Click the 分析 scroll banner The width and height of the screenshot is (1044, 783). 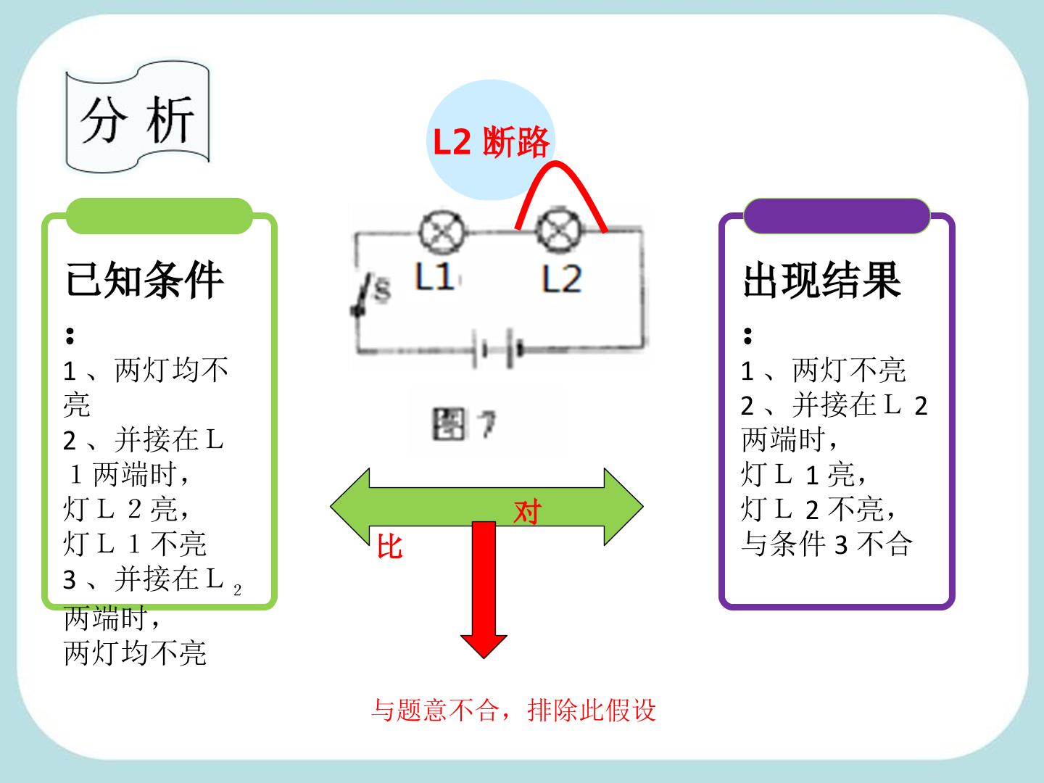(x=138, y=117)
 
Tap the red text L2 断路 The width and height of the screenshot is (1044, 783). (x=492, y=141)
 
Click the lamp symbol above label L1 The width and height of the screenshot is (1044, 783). (x=442, y=232)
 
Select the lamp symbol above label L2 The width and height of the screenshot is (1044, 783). (x=559, y=231)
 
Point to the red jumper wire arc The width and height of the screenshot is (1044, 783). (x=555, y=164)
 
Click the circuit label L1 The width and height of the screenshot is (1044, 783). (x=434, y=276)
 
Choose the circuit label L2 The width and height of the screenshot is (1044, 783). (x=562, y=278)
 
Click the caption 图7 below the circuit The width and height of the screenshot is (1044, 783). (x=464, y=424)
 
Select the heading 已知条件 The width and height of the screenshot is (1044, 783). (x=144, y=280)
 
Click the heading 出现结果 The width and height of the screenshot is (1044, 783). (x=822, y=280)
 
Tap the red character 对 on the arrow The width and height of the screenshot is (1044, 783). (x=528, y=512)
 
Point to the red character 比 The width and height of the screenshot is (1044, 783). (x=389, y=547)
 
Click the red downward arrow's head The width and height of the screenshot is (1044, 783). (x=484, y=647)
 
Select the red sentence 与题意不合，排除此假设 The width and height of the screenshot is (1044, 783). (x=514, y=710)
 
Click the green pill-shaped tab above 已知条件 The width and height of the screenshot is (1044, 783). (x=159, y=216)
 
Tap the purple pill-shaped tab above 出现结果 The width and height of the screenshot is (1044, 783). (x=837, y=216)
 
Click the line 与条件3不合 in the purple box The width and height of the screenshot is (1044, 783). (x=826, y=544)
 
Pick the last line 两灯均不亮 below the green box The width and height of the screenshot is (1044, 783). (x=135, y=653)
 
